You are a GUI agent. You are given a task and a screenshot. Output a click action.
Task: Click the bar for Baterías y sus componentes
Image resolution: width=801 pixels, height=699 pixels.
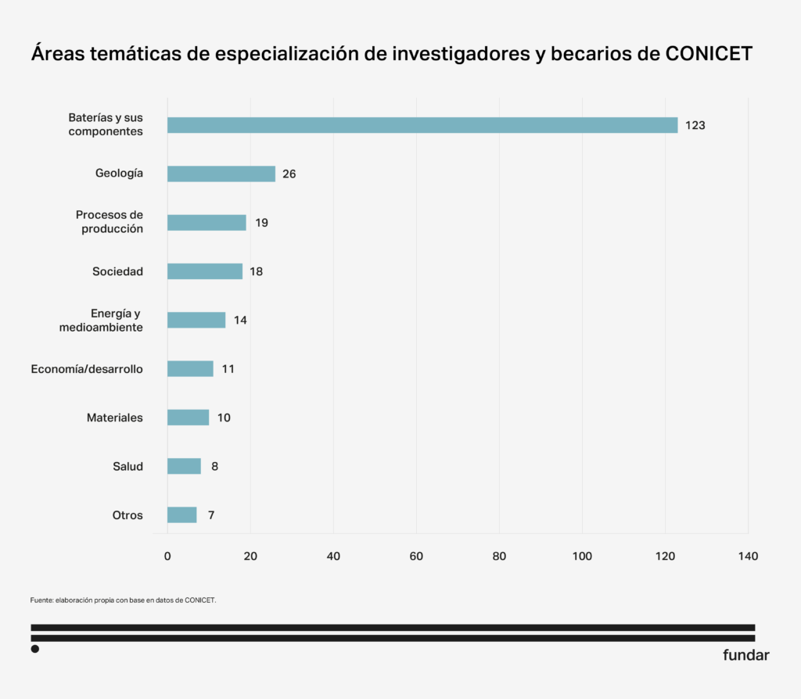[422, 125]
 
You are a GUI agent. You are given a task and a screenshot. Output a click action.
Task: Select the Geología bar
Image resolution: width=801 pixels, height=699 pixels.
[221, 174]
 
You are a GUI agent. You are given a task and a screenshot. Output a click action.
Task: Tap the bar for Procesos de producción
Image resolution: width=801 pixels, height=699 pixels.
[207, 222]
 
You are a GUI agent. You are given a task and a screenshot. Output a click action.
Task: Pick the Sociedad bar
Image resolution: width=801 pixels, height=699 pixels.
[205, 271]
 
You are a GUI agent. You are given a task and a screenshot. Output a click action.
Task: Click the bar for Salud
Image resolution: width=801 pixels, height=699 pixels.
[184, 466]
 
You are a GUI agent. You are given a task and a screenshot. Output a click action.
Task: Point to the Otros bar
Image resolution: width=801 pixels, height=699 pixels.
[182, 514]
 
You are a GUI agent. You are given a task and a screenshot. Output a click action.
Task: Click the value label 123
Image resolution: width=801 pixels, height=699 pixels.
[695, 125]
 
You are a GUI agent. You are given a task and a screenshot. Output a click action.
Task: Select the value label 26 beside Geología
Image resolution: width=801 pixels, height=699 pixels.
[289, 174]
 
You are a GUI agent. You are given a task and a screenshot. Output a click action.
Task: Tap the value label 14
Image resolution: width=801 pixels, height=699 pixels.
[240, 320]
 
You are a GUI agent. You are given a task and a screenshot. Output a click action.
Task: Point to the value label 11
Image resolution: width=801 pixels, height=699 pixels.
[228, 369]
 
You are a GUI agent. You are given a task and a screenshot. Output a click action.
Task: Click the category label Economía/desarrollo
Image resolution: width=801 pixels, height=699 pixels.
[87, 369]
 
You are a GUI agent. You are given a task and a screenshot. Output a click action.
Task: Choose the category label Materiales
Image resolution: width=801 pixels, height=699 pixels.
[115, 418]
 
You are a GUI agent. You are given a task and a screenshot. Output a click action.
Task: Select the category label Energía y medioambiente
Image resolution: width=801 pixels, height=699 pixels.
[102, 321]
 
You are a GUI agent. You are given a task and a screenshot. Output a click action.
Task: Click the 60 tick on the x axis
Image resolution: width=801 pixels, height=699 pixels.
[416, 556]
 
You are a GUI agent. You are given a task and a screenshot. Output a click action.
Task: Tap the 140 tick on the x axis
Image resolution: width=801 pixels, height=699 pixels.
[748, 556]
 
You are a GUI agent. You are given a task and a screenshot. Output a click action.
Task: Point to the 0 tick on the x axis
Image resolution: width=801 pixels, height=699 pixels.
[167, 556]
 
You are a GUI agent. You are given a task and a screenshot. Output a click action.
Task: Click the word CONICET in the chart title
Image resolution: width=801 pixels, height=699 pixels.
[709, 55]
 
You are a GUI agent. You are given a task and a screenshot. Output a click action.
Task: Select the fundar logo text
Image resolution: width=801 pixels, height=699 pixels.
[745, 655]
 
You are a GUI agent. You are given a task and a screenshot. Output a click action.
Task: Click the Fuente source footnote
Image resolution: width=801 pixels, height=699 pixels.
[123, 600]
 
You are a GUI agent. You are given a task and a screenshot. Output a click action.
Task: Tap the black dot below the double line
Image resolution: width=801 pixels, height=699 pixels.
[35, 648]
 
